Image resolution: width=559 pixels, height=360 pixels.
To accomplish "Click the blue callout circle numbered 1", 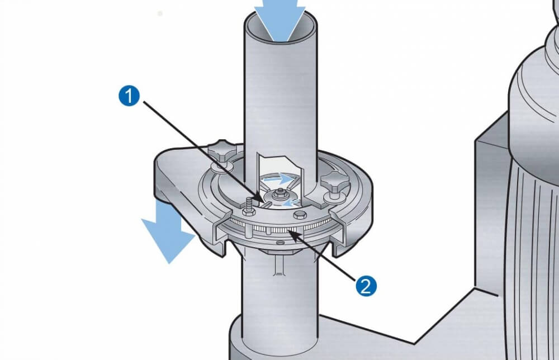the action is (x=129, y=96).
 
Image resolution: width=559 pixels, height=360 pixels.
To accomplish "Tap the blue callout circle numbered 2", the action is (x=366, y=286).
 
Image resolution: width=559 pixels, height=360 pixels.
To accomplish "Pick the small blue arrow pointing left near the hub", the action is (x=291, y=203).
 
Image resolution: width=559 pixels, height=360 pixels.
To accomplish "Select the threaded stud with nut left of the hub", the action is (x=249, y=207).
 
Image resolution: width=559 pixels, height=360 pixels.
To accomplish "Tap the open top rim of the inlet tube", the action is (x=281, y=26).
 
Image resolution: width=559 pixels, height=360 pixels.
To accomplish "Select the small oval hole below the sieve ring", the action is (x=281, y=243).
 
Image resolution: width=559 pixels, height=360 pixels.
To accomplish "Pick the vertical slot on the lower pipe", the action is (x=279, y=266).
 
